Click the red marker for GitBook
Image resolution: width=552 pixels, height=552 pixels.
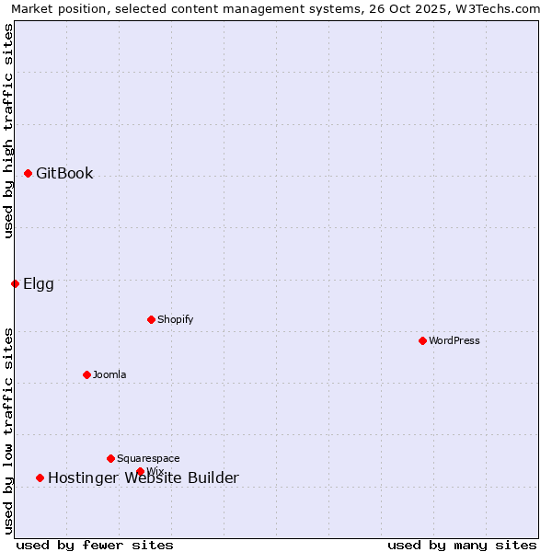(29, 173)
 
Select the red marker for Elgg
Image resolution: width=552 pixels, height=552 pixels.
(15, 283)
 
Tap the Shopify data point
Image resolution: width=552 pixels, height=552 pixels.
(151, 319)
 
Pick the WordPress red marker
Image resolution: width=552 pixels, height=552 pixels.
(422, 340)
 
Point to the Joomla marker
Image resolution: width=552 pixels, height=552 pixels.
(86, 374)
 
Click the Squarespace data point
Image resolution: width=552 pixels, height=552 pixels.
(110, 458)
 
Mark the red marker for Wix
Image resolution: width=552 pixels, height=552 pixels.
(141, 471)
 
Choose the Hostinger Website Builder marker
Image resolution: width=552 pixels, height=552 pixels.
(40, 477)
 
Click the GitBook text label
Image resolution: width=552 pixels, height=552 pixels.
(64, 173)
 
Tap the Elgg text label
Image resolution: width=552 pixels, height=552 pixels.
(39, 283)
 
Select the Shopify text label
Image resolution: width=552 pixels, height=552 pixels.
(175, 319)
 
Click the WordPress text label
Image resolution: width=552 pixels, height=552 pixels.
(454, 340)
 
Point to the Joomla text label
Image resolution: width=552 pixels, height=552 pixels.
(109, 374)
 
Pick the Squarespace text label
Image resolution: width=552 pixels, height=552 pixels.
(148, 458)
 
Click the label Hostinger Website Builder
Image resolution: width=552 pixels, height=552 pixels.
(144, 477)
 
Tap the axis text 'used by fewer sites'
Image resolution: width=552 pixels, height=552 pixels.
(95, 545)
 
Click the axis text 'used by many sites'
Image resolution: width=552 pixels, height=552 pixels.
(462, 545)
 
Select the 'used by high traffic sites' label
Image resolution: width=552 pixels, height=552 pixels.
(8, 131)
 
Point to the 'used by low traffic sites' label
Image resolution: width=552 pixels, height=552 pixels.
(8, 431)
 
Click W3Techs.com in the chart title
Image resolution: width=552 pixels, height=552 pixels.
(495, 8)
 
